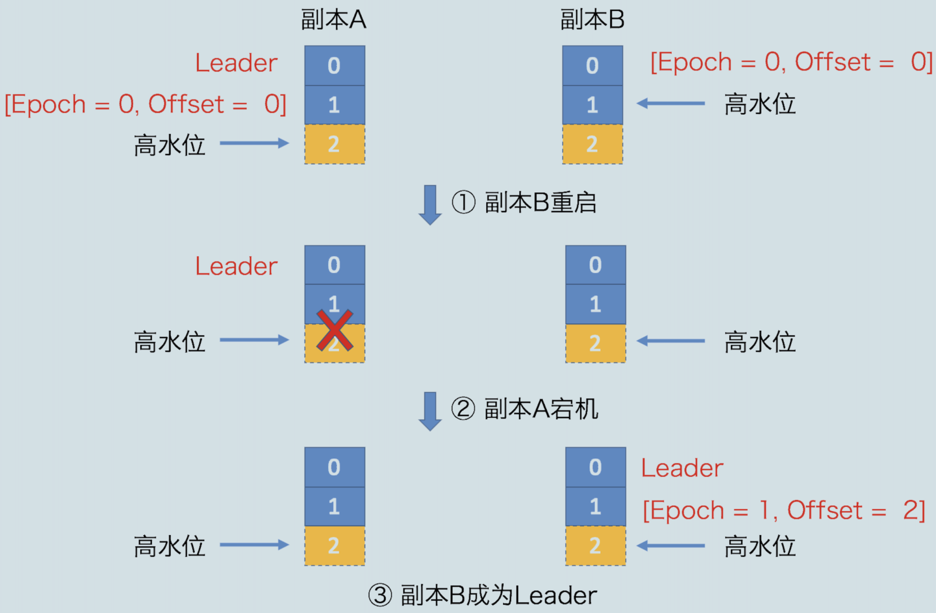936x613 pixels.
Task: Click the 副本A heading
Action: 333,19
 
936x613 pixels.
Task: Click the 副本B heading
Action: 592,19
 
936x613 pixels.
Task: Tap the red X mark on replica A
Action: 334,330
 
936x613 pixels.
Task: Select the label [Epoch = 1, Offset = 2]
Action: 784,510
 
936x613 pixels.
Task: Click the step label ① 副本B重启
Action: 524,202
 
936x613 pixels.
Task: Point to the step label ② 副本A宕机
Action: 524,409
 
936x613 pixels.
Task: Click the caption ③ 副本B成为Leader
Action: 482,595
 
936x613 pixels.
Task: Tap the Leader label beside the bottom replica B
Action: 682,468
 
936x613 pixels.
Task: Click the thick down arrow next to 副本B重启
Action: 430,204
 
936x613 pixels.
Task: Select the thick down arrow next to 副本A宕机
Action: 430,411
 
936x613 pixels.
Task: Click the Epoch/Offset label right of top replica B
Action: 791,62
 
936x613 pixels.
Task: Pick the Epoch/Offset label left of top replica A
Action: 145,104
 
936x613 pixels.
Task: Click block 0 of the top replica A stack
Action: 334,66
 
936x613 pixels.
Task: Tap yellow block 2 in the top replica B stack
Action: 592,144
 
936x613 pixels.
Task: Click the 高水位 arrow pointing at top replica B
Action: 671,104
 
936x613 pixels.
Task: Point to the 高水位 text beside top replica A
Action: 169,145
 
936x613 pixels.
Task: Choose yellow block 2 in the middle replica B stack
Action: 596,343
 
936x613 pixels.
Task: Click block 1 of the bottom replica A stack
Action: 334,506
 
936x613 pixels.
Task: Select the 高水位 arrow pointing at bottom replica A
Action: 254,545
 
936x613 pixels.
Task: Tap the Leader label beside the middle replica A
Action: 236,266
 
